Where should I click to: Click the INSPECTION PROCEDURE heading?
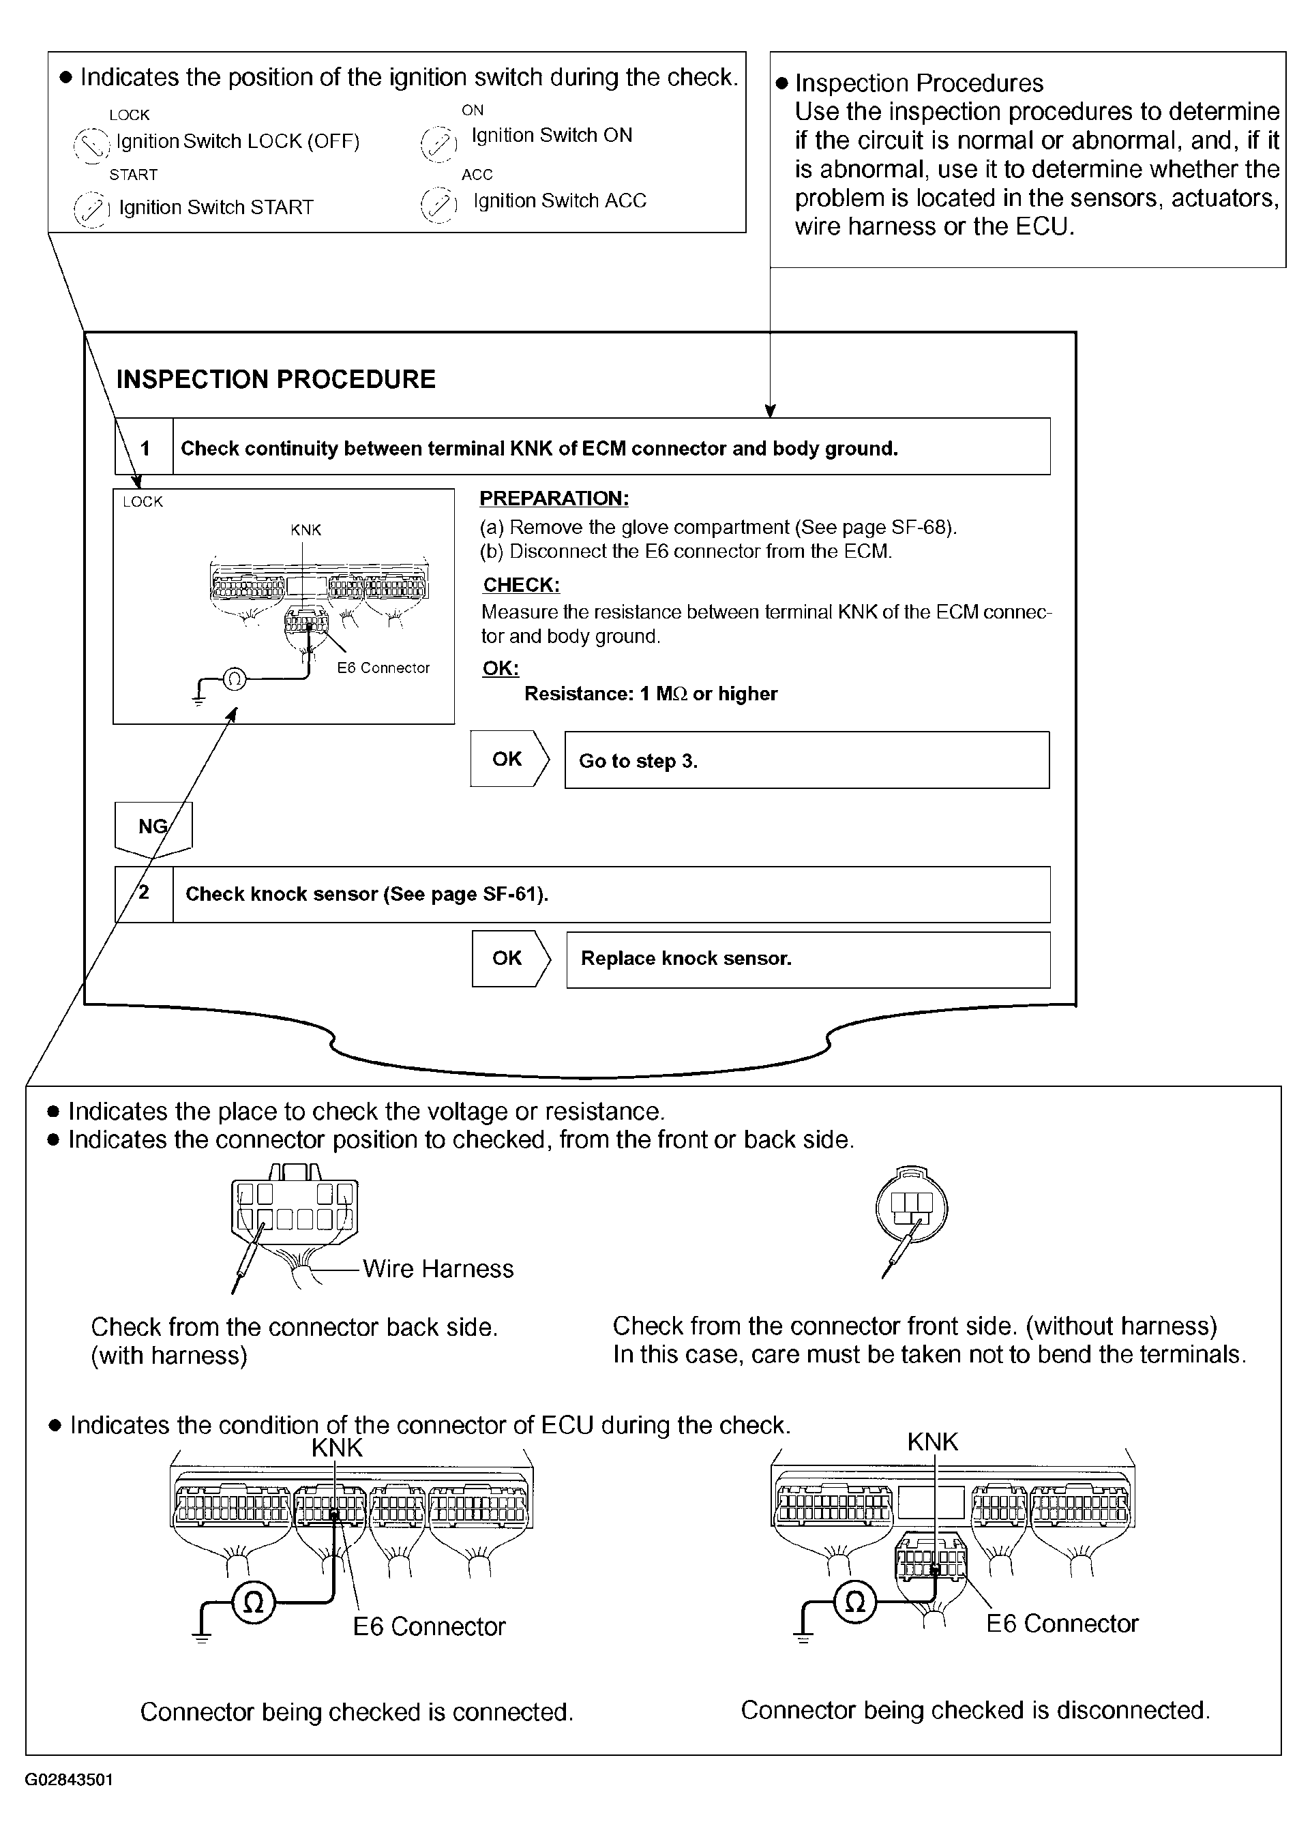pyautogui.click(x=275, y=379)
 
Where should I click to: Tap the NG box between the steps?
pyautogui.click(x=153, y=826)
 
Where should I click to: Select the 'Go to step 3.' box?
pyautogui.click(x=806, y=760)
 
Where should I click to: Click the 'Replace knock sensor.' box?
pyautogui.click(x=807, y=959)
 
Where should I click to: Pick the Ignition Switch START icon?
pyautogui.click(x=91, y=209)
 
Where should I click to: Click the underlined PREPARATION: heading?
pyautogui.click(x=554, y=498)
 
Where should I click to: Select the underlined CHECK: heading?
pyautogui.click(x=521, y=585)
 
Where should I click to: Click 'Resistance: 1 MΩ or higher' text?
pyautogui.click(x=651, y=694)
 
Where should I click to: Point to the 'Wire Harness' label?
pyautogui.click(x=438, y=1269)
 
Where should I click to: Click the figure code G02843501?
pyautogui.click(x=70, y=1780)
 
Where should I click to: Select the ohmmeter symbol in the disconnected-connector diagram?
pyautogui.click(x=854, y=1601)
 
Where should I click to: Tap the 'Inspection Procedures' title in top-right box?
pyautogui.click(x=919, y=83)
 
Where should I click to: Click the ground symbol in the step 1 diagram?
pyautogui.click(x=198, y=697)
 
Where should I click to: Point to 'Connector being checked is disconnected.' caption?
pyautogui.click(x=974, y=1710)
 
